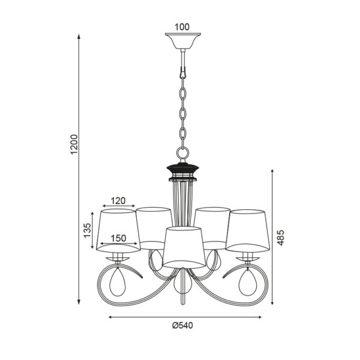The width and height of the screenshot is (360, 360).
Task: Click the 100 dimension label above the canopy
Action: pos(182,27)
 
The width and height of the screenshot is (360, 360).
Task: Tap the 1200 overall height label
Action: pos(74,145)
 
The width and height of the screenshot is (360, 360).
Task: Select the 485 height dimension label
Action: pos(281,238)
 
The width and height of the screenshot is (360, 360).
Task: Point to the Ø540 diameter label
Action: pos(183,325)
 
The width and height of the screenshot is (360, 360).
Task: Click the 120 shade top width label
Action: pos(118,201)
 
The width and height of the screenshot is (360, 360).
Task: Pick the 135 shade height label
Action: pos(88,230)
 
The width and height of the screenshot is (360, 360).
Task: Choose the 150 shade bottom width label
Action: pos(118,238)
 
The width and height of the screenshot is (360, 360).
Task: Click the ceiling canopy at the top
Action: pos(183,41)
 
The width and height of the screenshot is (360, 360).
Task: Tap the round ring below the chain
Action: pos(183,152)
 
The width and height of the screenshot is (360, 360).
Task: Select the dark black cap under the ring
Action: pos(183,169)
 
